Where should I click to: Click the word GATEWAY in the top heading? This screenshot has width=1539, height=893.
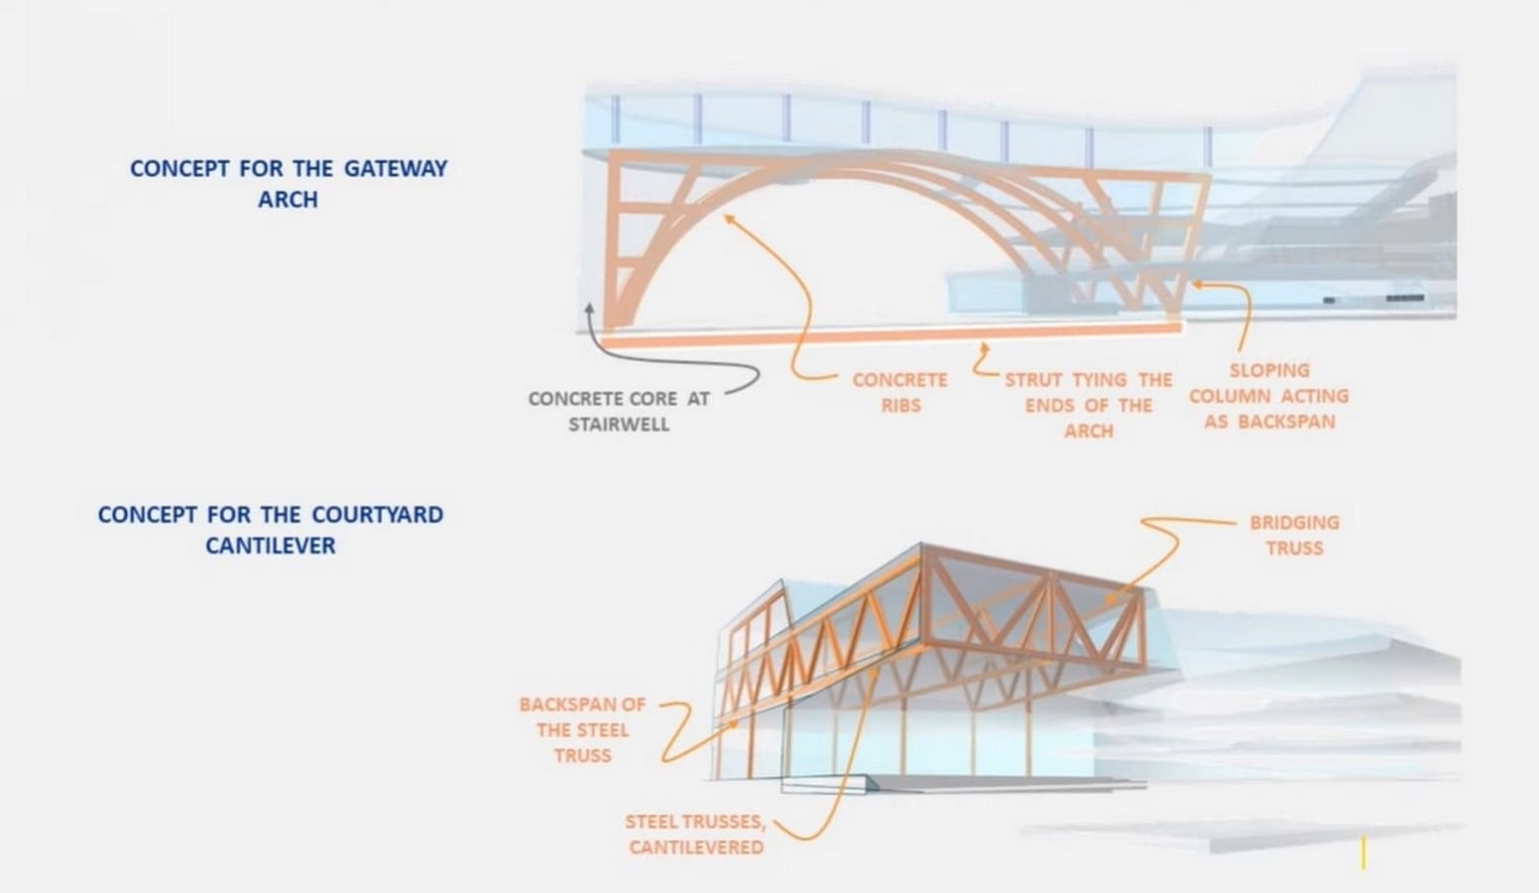396,169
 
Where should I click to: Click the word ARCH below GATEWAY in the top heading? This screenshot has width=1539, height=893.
288,199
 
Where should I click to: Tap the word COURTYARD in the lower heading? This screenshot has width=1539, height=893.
377,514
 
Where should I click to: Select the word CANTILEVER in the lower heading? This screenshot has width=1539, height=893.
271,546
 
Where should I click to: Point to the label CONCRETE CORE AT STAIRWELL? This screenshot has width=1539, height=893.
619,411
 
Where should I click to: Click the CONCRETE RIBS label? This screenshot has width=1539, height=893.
900,393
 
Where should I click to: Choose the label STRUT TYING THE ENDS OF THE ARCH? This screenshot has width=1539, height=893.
1088,406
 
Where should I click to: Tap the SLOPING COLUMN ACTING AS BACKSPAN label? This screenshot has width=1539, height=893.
1269,396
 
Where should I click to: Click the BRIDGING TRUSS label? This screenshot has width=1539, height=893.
1294,535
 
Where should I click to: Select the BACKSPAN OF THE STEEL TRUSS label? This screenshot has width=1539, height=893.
583,730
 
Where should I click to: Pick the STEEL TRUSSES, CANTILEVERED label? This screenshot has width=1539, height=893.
695,834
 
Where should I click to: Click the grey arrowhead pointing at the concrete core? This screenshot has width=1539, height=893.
589,310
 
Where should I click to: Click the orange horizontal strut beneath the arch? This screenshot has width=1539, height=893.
891,335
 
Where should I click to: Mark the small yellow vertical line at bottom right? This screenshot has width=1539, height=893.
1363,853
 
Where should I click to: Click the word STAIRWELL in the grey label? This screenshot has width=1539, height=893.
619,424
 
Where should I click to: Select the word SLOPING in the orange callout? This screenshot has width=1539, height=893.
1269,370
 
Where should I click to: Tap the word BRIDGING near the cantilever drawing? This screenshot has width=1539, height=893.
1294,523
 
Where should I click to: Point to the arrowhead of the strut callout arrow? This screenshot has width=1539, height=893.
985,348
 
